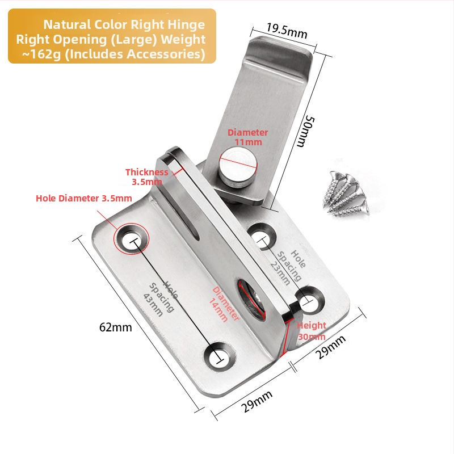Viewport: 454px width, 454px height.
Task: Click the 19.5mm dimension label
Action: [287, 30]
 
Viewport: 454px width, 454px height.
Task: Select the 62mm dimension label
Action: [115, 327]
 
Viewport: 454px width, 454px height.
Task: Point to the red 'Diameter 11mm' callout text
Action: [247, 137]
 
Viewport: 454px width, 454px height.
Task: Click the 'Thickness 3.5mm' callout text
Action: [146, 176]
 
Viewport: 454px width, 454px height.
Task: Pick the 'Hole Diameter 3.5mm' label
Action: [83, 199]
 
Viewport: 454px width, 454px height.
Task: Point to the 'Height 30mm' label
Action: [312, 330]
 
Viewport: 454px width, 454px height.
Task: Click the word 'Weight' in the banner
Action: [182, 40]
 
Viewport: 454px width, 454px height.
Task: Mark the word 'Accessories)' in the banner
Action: [167, 54]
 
